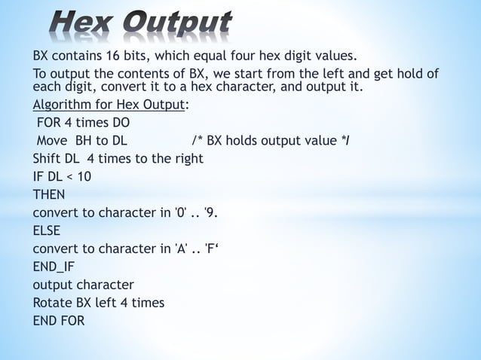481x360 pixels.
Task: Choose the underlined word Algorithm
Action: (x=62, y=105)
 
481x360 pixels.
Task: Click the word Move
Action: (x=51, y=140)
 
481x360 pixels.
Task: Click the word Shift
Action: (x=48, y=158)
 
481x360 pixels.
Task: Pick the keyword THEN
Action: (x=48, y=194)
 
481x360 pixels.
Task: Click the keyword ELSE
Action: (x=46, y=230)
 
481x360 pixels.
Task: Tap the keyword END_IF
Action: (x=53, y=267)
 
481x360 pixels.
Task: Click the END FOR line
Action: (x=59, y=321)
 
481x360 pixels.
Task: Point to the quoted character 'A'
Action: (x=181, y=249)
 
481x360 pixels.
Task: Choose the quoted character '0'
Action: (x=181, y=212)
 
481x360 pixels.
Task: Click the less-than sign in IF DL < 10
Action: (x=69, y=177)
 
